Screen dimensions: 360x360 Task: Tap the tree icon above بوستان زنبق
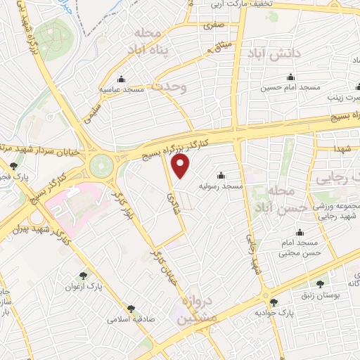pyautogui.click(x=321, y=284)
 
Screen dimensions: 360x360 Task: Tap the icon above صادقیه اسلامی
pyautogui.click(x=130, y=308)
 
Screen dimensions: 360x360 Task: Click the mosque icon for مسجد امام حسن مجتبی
pyautogui.click(x=300, y=233)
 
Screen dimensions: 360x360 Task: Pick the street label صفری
pyautogui.click(x=212, y=25)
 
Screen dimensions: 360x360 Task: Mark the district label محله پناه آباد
pyautogui.click(x=162, y=41)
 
